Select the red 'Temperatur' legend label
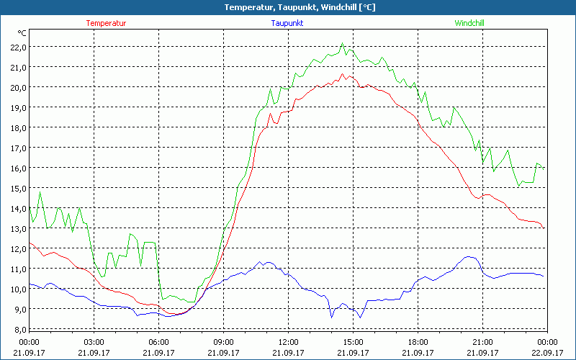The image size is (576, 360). [x=106, y=23]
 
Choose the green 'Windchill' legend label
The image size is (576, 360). [x=469, y=23]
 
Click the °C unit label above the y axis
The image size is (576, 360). [x=22, y=33]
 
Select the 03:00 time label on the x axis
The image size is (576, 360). [x=94, y=342]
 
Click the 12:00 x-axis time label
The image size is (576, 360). [x=288, y=342]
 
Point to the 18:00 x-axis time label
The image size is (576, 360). [x=418, y=342]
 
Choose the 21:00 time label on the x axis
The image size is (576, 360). [x=482, y=342]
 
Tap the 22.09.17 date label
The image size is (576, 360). [x=547, y=353]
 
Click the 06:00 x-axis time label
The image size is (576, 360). [x=159, y=342]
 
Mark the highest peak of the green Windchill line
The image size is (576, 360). [x=343, y=43]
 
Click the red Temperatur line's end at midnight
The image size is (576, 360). [x=544, y=228]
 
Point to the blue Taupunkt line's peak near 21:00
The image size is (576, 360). [x=469, y=256]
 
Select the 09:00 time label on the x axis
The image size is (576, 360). [x=223, y=342]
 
